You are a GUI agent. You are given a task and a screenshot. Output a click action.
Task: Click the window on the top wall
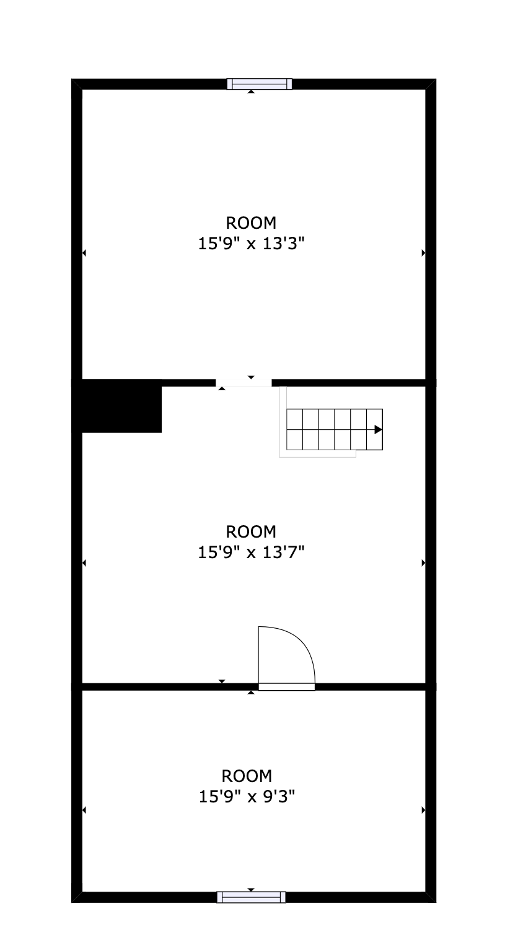[259, 84]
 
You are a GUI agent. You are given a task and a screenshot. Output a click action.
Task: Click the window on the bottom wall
[251, 897]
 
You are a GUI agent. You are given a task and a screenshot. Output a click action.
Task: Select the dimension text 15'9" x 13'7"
[251, 552]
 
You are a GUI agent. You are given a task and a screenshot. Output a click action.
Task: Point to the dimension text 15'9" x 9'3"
[247, 797]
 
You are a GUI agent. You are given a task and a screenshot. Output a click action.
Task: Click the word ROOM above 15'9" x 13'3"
[251, 223]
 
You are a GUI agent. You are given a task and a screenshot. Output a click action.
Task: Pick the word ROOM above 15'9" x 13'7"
[251, 531]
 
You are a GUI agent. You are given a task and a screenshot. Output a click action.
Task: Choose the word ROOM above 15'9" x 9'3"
[247, 776]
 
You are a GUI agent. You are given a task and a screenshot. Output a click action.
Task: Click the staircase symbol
[334, 429]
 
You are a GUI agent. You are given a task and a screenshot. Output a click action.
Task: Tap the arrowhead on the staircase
[378, 429]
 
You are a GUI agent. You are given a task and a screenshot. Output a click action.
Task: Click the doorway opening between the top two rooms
[244, 383]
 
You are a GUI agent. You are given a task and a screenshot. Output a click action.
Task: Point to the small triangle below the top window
[251, 92]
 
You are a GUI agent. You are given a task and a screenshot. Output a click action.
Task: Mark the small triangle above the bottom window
[251, 890]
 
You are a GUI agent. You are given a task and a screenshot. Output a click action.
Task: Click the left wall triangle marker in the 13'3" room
[84, 253]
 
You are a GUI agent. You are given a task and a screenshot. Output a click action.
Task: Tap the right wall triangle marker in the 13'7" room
[423, 563]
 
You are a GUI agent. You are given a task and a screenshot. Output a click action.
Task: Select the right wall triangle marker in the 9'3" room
[423, 810]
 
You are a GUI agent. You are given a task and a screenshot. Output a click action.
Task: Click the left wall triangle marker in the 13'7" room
[84, 563]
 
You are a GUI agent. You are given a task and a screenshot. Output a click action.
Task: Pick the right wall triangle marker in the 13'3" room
[423, 253]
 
